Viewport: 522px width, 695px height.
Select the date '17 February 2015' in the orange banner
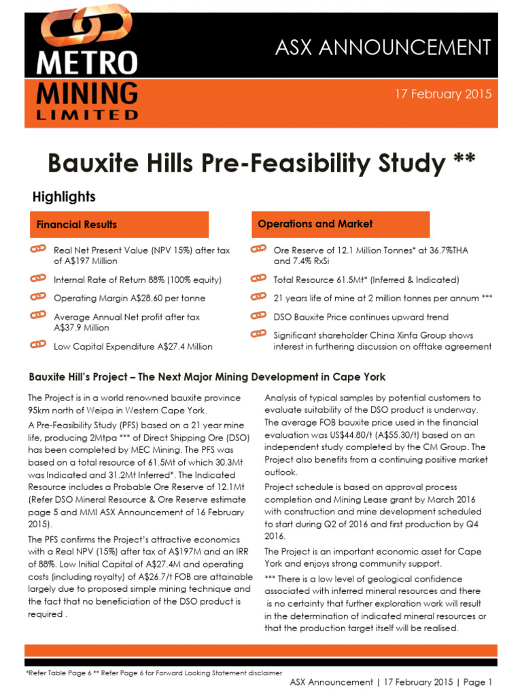[443, 94]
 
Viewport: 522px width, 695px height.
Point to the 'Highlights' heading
[64, 197]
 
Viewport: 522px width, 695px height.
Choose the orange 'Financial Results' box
[118, 225]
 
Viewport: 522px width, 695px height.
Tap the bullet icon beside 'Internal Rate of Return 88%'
[38, 279]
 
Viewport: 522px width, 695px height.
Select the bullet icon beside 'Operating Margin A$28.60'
[38, 297]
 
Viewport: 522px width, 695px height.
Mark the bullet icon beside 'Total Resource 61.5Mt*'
[258, 279]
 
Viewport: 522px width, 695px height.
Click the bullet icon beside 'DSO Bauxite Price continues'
[258, 316]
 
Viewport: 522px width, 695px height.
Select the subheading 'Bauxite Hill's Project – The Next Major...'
[207, 377]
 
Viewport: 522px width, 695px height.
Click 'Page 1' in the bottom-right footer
[477, 682]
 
